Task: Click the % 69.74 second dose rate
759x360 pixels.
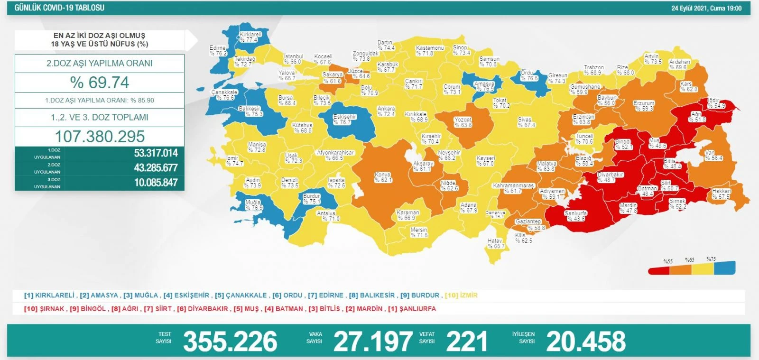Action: [100, 83]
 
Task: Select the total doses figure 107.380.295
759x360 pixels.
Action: [100, 137]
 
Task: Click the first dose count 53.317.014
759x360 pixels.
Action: [156, 153]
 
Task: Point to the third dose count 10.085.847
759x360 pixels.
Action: [156, 183]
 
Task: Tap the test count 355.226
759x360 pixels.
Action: [230, 342]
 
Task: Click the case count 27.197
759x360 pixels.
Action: [373, 342]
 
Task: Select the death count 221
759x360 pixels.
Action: [467, 342]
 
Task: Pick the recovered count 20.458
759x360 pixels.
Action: [586, 342]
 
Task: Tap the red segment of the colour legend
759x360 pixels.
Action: [659, 270]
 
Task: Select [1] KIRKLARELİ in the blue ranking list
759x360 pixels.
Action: [49, 295]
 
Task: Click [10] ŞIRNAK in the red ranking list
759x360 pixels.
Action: [44, 309]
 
